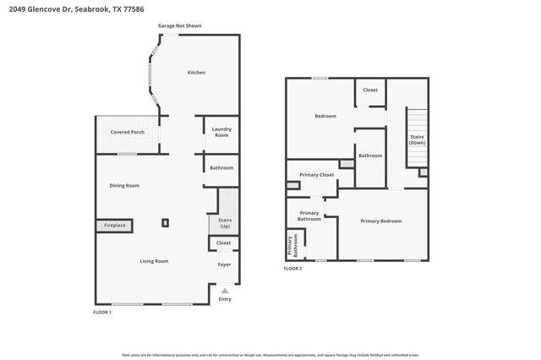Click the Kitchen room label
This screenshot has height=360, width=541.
click(x=196, y=73)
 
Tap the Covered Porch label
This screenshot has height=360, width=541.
click(x=128, y=133)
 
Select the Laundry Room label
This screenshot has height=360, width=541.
click(x=221, y=133)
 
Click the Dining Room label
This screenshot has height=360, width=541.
click(x=124, y=185)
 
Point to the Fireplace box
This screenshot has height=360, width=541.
click(x=114, y=226)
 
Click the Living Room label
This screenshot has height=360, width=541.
click(x=154, y=261)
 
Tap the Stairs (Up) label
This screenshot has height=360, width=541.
click(x=225, y=224)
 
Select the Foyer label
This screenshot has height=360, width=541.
click(x=224, y=265)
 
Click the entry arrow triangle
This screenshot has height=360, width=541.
click(x=225, y=290)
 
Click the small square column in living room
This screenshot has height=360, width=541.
click(x=166, y=223)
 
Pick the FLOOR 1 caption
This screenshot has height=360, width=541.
click(x=102, y=313)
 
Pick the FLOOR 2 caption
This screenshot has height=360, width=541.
click(x=292, y=268)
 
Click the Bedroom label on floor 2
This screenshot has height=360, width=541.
click(x=325, y=116)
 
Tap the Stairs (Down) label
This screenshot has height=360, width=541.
click(x=417, y=139)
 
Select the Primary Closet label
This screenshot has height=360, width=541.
click(x=317, y=175)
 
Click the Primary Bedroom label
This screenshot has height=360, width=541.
click(x=380, y=221)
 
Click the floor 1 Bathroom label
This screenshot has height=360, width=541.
click(x=221, y=167)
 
